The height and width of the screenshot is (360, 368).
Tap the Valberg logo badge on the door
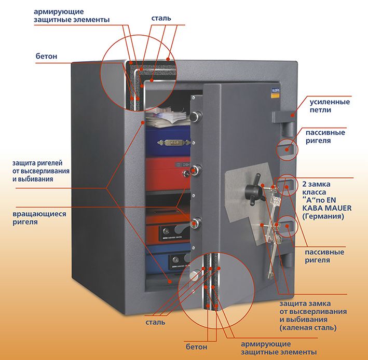click(275, 92)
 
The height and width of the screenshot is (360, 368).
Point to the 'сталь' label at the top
click(161, 18)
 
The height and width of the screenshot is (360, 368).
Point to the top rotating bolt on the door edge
click(196, 116)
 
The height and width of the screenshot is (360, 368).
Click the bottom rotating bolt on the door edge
click(196, 223)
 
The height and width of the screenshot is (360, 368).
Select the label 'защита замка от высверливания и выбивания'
click(312, 315)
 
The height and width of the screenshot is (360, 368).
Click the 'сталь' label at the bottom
click(155, 322)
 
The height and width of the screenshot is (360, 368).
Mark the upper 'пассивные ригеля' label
click(325, 136)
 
